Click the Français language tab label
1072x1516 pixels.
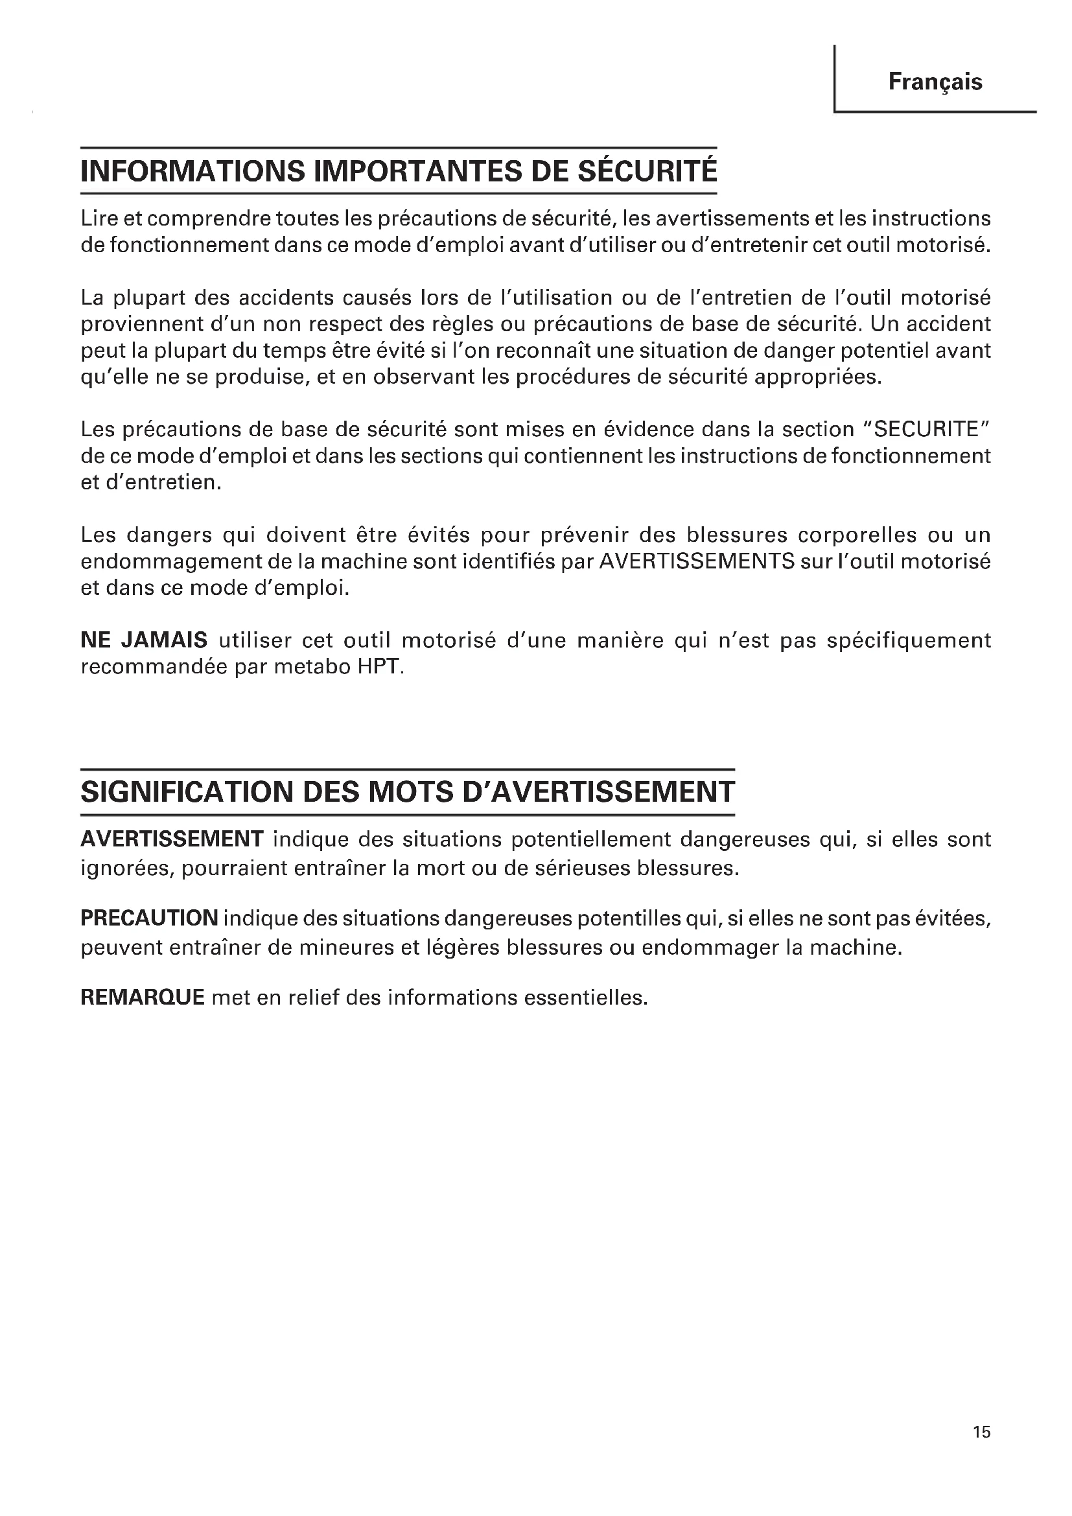tap(935, 82)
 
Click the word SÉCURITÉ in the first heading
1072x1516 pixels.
tap(647, 171)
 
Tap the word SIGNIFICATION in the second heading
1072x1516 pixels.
tap(186, 791)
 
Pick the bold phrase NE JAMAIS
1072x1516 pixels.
tap(144, 640)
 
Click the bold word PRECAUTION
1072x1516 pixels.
tap(149, 918)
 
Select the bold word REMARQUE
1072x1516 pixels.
tap(143, 997)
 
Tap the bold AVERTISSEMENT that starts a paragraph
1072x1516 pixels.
tap(172, 839)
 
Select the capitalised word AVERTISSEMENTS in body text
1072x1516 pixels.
tap(695, 561)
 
